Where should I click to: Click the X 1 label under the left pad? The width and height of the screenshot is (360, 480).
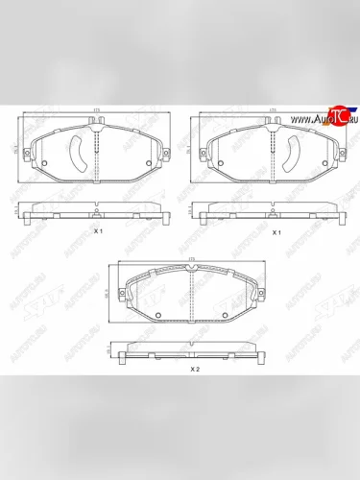98,232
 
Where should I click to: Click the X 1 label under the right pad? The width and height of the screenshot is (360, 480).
276,232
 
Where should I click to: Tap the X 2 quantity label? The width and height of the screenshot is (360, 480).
193,369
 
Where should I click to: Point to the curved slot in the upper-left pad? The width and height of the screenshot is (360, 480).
77,150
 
